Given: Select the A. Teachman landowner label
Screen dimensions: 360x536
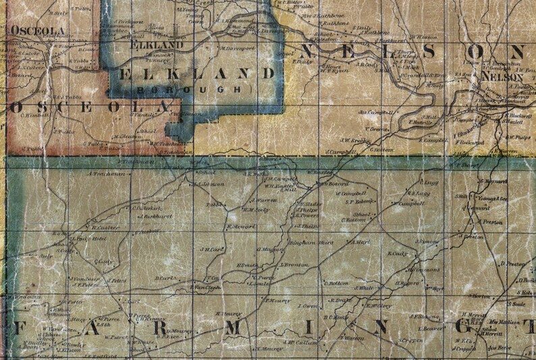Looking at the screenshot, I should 107,174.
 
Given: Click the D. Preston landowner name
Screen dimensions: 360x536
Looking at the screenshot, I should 515,264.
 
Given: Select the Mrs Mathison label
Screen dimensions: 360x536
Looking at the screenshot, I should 504,322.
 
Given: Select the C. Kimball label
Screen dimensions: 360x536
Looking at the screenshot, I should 36,115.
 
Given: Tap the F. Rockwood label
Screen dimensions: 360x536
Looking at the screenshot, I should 471,143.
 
